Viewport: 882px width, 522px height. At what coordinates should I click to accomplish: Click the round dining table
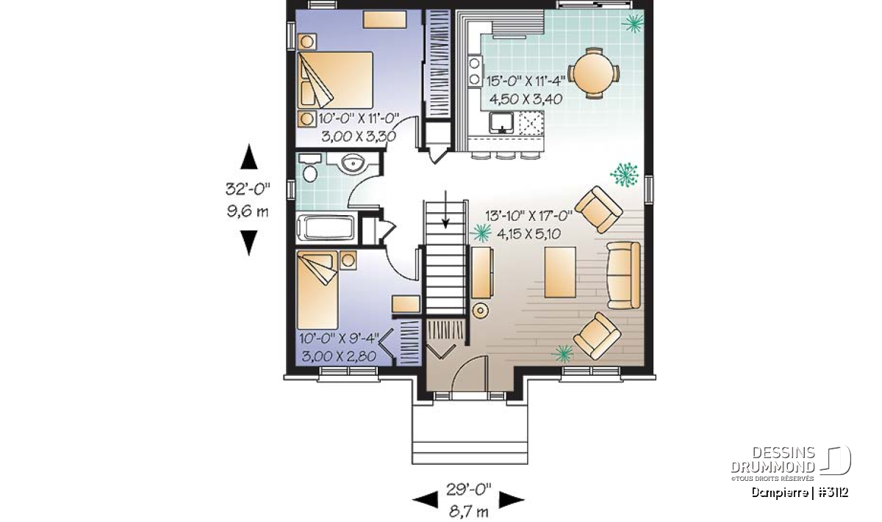pos(593,73)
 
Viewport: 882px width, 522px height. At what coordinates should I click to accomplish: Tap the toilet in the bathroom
pos(310,168)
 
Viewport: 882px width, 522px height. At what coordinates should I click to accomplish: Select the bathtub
pos(326,228)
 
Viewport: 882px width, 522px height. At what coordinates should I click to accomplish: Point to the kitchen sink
pos(501,123)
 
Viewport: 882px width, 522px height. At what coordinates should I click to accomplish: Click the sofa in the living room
pos(624,275)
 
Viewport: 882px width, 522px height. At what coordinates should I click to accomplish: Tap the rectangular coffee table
pos(560,272)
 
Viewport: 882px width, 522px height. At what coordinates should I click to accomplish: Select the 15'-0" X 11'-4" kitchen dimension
pos(526,81)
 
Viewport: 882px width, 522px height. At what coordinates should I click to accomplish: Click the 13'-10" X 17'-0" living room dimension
pos(528,216)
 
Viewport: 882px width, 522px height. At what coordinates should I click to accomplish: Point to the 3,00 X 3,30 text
pos(359,137)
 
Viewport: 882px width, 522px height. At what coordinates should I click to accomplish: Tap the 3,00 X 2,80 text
pos(339,356)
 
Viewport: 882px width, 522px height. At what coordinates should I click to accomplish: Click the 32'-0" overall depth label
pos(248,189)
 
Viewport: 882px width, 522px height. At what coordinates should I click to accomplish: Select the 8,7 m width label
pos(469,512)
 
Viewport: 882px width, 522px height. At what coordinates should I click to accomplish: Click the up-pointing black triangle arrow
pos(249,156)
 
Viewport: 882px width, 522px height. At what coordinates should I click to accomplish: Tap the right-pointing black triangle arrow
pos(512,500)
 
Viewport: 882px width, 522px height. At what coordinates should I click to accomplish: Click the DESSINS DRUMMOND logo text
pos(772,460)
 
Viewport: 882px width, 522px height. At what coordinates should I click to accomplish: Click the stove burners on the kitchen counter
pos(475,71)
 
